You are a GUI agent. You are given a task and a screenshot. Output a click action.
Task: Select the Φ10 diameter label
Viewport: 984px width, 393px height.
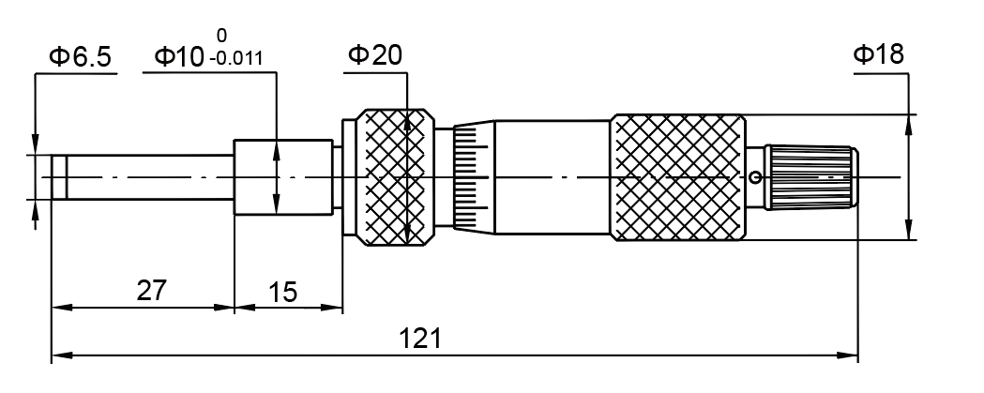[x=180, y=57]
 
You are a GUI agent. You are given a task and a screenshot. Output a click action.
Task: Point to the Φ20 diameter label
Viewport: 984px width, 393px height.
[x=375, y=55]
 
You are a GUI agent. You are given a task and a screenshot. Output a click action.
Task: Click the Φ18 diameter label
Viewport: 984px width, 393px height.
[x=879, y=54]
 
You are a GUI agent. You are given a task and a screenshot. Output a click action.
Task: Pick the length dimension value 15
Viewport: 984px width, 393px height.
[x=281, y=292]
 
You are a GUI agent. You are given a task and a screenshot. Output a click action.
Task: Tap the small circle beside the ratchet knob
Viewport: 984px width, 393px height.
[x=756, y=175]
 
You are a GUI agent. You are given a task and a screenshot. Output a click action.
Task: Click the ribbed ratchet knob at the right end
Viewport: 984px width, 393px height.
[x=811, y=175]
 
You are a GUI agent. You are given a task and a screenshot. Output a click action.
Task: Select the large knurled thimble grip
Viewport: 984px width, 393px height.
[x=678, y=175]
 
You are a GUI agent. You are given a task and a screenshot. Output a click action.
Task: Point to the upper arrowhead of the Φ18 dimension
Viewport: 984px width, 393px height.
[x=907, y=122]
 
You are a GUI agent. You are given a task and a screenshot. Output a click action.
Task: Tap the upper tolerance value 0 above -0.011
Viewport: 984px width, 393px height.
[x=221, y=37]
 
